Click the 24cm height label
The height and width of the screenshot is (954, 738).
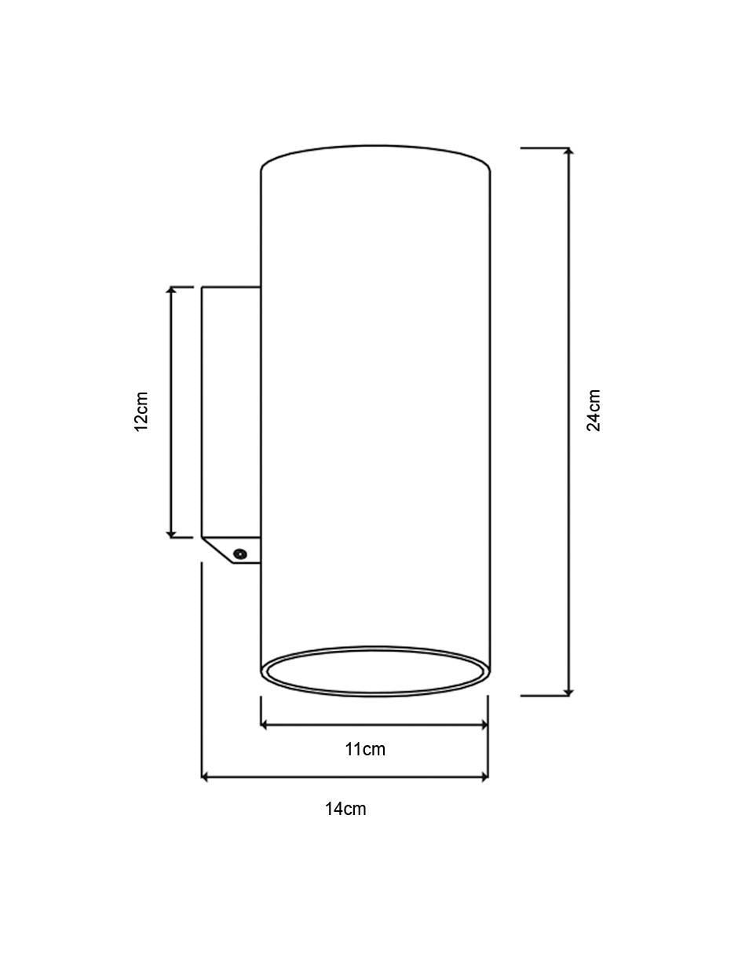tap(593, 410)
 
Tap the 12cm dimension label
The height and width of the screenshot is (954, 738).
tap(141, 411)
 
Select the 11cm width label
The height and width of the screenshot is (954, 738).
tap(365, 749)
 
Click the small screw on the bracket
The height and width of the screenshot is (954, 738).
tap(239, 554)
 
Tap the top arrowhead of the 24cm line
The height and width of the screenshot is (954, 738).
tap(568, 152)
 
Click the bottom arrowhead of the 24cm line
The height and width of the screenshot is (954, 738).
tap(568, 692)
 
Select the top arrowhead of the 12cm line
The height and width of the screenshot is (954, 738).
tap(171, 291)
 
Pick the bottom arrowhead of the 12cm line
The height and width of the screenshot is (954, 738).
tap(171, 533)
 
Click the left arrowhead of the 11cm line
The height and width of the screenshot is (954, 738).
tap(264, 725)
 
